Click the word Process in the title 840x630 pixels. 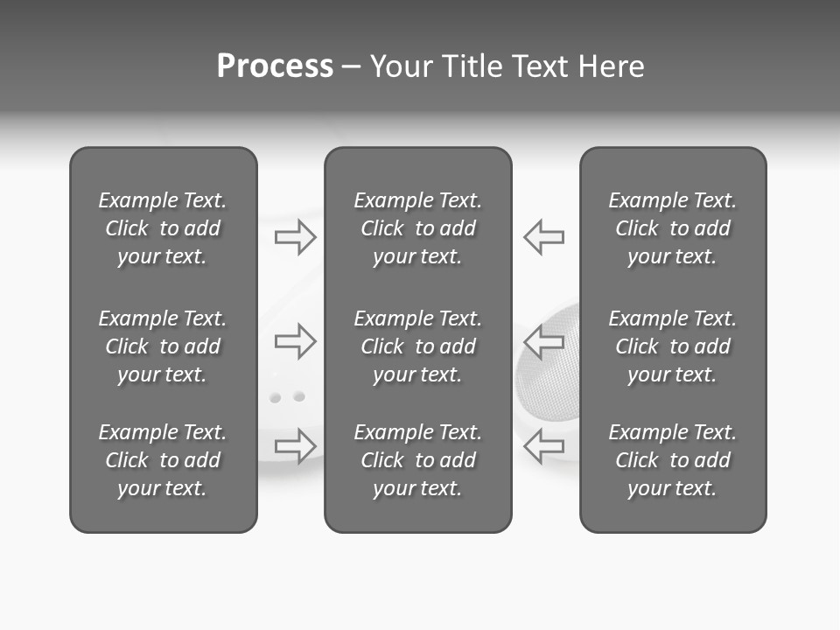tap(275, 66)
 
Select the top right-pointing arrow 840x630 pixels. tap(296, 237)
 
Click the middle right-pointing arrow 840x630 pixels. tap(296, 340)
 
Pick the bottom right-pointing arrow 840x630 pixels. tap(296, 445)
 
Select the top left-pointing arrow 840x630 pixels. tap(544, 237)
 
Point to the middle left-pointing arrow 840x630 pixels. tap(544, 340)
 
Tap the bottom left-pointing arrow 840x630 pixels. tap(544, 445)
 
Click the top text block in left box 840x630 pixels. tap(163, 228)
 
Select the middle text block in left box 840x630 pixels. tap(163, 346)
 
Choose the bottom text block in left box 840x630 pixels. tap(163, 460)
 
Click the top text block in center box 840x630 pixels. tap(417, 228)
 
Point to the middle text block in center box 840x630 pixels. tap(417, 346)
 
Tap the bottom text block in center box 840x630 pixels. tap(417, 460)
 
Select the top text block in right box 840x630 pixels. tap(672, 228)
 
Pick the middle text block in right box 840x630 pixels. tap(672, 346)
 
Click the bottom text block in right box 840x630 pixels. tap(672, 460)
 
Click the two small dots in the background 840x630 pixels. tap(287, 397)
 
